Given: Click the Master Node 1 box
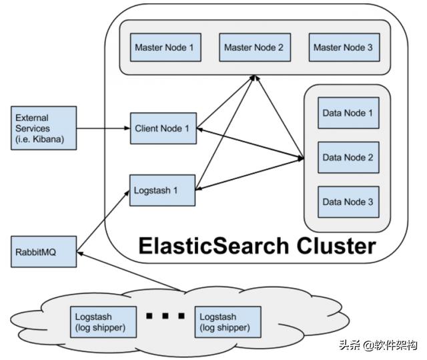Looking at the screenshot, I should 164,47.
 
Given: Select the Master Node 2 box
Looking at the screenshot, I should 254,47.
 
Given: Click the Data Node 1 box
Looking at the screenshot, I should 348,113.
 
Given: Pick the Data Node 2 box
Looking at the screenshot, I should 348,158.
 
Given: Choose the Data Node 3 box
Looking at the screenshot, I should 348,202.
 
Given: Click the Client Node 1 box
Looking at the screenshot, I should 163,128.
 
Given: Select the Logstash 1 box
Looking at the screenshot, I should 163,190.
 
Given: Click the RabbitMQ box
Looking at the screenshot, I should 43,253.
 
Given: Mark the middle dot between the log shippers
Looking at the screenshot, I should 165,315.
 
